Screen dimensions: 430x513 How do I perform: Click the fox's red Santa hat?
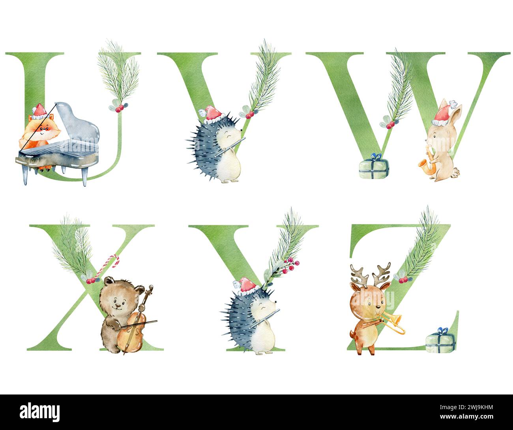(39, 111)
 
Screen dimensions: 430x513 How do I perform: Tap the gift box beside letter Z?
(440, 342)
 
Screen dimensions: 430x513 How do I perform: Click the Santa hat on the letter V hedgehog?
(213, 114)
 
